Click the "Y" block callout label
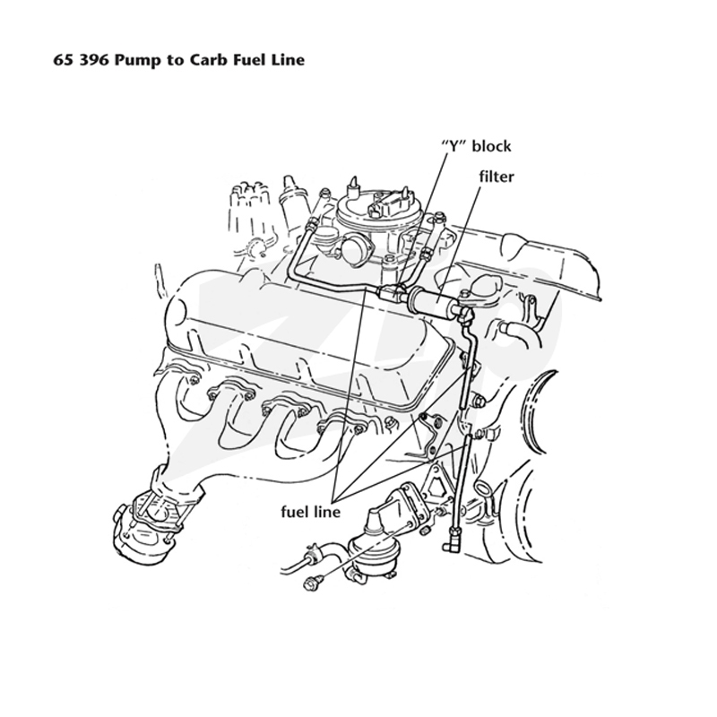pyautogui.click(x=476, y=146)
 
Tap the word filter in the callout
pyautogui.click(x=497, y=177)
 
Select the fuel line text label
pyautogui.click(x=310, y=512)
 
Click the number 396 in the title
pyautogui.click(x=94, y=60)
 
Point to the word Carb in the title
pyautogui.click(x=209, y=60)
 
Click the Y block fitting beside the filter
pyautogui.click(x=392, y=292)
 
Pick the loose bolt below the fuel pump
pyautogui.click(x=311, y=583)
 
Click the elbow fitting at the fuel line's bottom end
pyautogui.click(x=452, y=540)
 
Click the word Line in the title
pyautogui.click(x=286, y=60)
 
